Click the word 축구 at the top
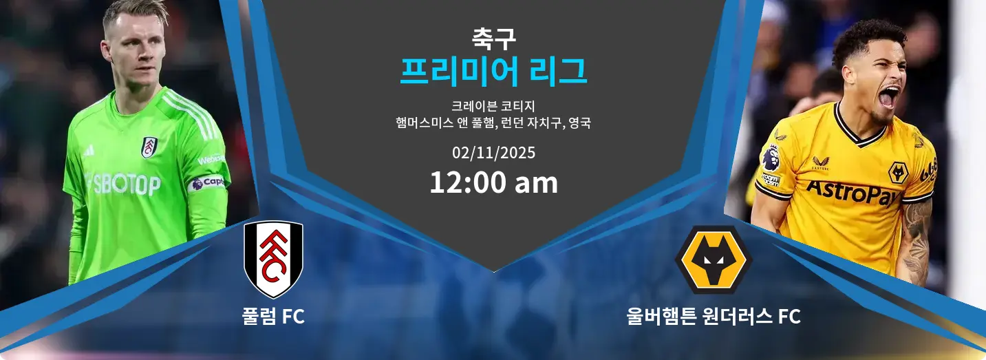[x=493, y=37]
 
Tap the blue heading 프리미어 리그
[x=493, y=72]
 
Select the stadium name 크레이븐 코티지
[x=493, y=106]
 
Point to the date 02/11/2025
[x=493, y=152]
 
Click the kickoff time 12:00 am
[x=493, y=183]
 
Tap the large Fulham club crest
[x=273, y=258]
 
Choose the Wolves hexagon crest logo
[x=714, y=260]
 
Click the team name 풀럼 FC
[x=273, y=317]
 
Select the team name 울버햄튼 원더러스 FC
[x=714, y=317]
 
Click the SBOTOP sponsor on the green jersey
[x=124, y=184]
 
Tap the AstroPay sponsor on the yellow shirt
[x=853, y=193]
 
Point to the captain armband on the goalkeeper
[x=207, y=182]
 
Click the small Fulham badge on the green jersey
[x=149, y=147]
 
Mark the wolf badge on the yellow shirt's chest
[x=897, y=172]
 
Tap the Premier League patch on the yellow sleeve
[x=770, y=158]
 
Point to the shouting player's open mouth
[x=888, y=98]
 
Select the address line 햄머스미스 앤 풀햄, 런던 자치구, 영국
[x=493, y=124]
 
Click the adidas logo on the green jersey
[x=89, y=149]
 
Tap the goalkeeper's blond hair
[x=134, y=14]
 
